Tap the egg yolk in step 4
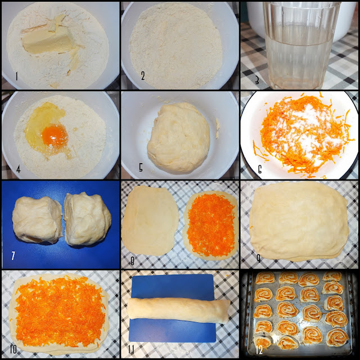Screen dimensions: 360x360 (x=55, y=136)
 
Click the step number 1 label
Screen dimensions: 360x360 (x=16, y=76)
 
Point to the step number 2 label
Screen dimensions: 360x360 (x=143, y=75)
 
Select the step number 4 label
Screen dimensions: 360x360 (x=19, y=169)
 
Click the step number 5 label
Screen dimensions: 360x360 (x=141, y=168)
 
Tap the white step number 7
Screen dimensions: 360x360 (x=13, y=255)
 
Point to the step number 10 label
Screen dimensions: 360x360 (x=13, y=349)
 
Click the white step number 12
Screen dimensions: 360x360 (x=259, y=350)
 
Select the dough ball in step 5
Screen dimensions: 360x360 (x=179, y=138)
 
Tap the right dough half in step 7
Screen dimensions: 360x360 (x=87, y=219)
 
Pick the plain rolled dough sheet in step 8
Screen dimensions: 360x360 (x=150, y=220)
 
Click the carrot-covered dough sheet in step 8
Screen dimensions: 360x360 (x=211, y=226)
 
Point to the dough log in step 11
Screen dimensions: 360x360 (x=179, y=310)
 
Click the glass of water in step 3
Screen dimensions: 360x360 (x=300, y=45)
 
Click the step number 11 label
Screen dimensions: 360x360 (x=131, y=349)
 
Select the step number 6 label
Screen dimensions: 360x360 (x=260, y=169)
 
